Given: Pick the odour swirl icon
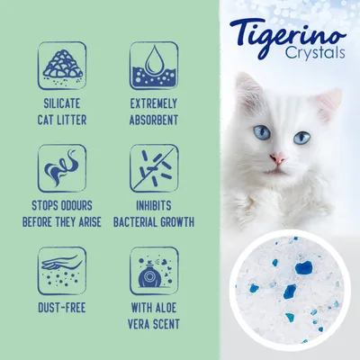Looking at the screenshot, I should coord(62,168).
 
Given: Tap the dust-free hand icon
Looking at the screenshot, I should coord(62,271).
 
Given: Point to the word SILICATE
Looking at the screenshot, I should coord(62,104).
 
